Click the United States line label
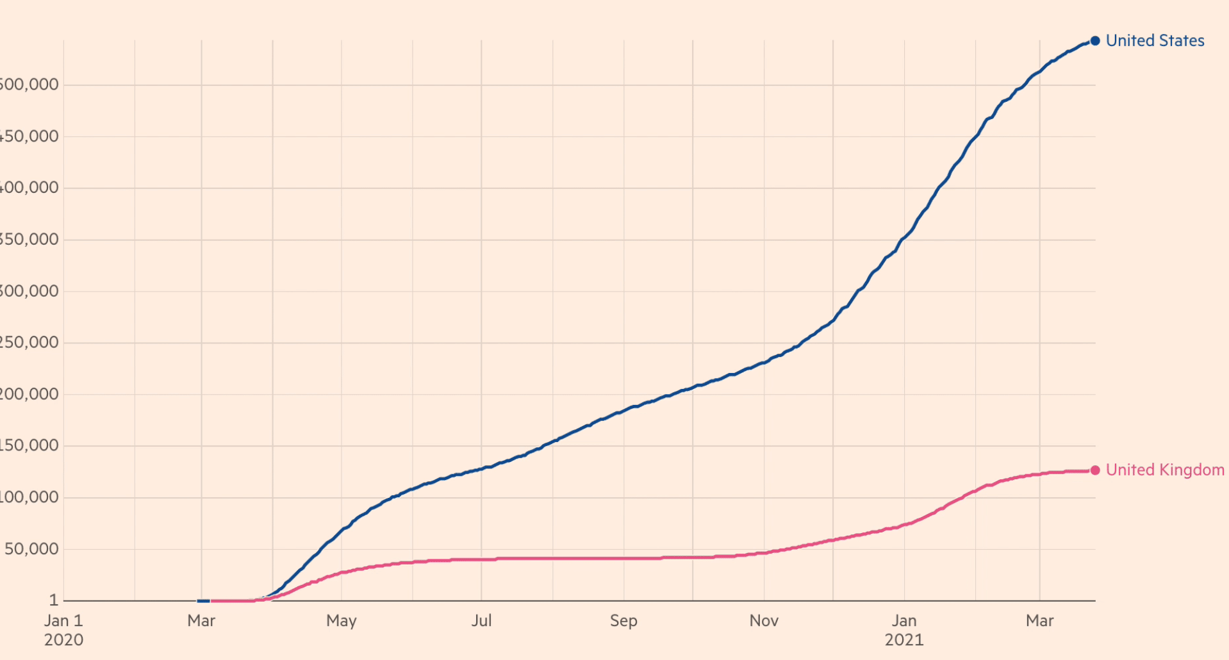(1155, 41)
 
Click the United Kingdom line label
(1164, 470)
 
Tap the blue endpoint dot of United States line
(1095, 41)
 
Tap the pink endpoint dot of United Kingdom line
(1095, 470)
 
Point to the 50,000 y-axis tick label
(31, 549)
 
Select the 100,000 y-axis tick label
(29, 497)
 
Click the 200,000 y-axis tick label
(29, 394)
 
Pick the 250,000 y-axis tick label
(29, 342)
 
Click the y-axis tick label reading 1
(54, 600)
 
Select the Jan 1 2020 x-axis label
(63, 630)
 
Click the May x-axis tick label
(341, 621)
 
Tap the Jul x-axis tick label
(481, 621)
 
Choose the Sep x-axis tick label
(623, 621)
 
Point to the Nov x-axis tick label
(764, 621)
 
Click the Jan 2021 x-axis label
(904, 630)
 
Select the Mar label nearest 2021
(1039, 621)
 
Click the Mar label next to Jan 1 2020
(201, 621)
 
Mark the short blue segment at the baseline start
(203, 601)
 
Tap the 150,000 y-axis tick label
(29, 445)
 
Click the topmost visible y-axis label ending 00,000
(29, 85)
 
